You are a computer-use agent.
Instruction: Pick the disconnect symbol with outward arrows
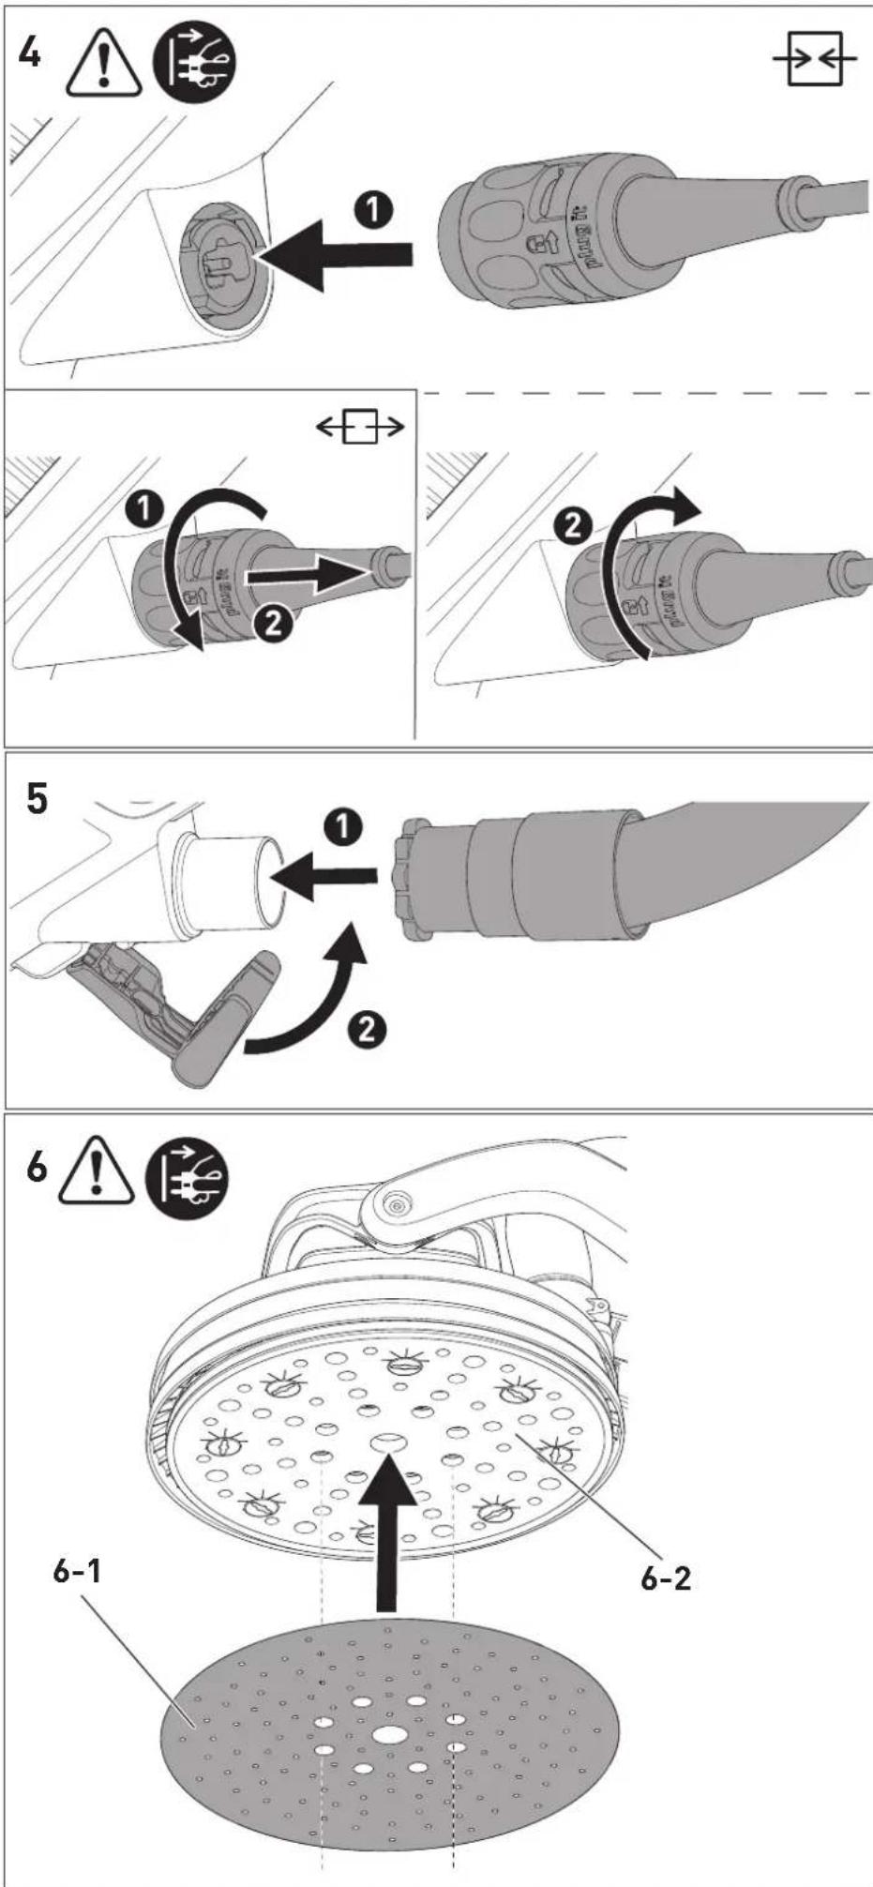[361, 429]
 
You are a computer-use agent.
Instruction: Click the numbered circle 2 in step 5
[368, 1030]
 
